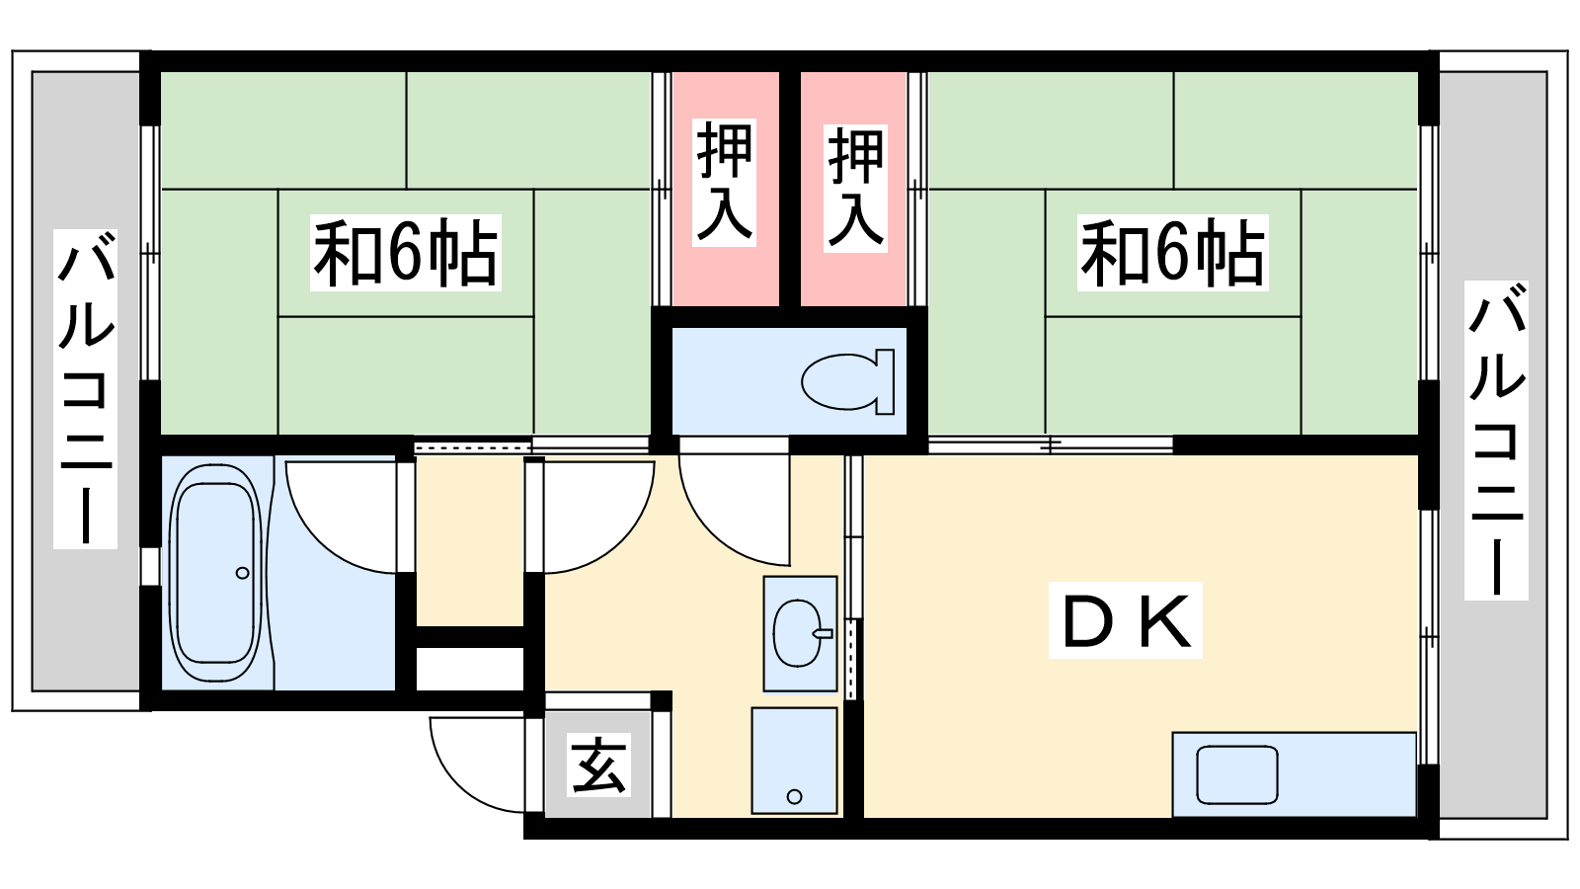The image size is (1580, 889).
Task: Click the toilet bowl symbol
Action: (840, 381)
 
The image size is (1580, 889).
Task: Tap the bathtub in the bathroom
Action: (214, 573)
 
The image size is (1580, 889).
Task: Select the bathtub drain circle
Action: (243, 573)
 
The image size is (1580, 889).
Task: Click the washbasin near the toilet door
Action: (799, 633)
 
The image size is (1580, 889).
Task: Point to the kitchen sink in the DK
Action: (1236, 774)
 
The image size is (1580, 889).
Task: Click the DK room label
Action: (1125, 621)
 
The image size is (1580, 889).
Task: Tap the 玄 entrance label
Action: (598, 766)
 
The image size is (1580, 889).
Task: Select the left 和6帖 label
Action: (405, 253)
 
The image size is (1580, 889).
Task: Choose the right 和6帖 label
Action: (1172, 253)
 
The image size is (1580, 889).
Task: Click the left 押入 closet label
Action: (725, 183)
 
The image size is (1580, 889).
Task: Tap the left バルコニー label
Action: (86, 388)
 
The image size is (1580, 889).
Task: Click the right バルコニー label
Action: (1496, 440)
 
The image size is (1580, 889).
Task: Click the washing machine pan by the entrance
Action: (794, 760)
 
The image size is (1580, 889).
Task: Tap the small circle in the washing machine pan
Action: (794, 796)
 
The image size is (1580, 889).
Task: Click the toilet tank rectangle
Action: (885, 381)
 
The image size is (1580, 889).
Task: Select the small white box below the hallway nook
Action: (469, 669)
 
